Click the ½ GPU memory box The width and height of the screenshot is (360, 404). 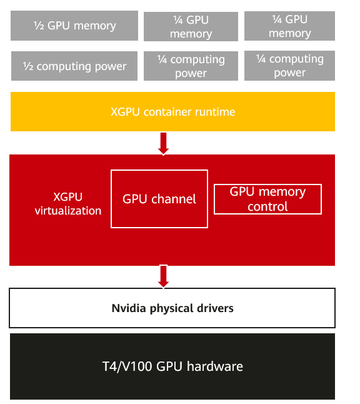coord(74,26)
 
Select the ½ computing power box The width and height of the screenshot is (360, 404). coord(74,66)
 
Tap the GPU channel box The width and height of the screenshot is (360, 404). coord(159,199)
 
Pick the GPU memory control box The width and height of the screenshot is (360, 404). coord(267,199)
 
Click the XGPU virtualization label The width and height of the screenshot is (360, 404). coord(68,204)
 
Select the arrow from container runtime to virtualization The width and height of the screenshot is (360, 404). coord(164,144)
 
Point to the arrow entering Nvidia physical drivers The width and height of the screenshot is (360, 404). coord(164,276)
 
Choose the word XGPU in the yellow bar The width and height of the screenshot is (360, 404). coord(125,112)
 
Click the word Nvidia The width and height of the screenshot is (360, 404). coord(129,308)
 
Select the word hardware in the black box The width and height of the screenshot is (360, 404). coord(215,366)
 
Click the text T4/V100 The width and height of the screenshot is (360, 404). coord(127,366)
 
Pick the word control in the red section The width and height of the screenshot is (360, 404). coord(267,206)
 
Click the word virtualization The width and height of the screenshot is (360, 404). coord(68,211)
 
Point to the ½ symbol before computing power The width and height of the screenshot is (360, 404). coord(28,66)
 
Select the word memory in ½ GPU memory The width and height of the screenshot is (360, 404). coord(95,26)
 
